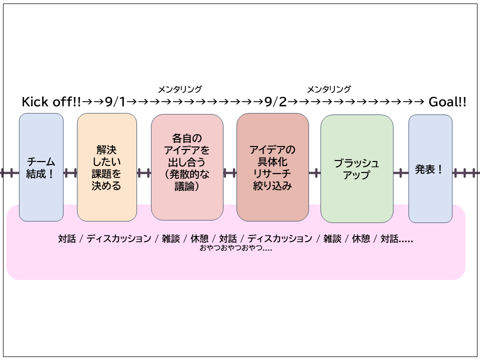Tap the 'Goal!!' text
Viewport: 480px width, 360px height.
click(x=447, y=102)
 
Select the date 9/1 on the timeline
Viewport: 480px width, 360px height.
click(x=115, y=102)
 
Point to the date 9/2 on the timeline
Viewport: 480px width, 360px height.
click(x=275, y=102)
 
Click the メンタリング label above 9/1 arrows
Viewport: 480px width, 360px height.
click(x=179, y=89)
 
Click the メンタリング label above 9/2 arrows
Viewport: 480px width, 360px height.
click(x=328, y=89)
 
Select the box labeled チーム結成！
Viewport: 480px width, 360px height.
click(x=41, y=167)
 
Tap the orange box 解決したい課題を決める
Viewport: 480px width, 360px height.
click(x=106, y=167)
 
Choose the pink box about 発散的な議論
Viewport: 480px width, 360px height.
click(x=187, y=167)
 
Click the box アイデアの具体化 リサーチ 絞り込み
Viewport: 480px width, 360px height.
click(x=272, y=167)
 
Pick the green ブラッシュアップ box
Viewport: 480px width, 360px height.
click(x=356, y=168)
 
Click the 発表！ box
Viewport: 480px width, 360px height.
click(x=430, y=168)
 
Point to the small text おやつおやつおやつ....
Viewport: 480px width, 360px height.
click(x=235, y=248)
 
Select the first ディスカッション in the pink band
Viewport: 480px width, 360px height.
click(x=118, y=239)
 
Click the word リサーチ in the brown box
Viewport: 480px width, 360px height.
click(x=272, y=174)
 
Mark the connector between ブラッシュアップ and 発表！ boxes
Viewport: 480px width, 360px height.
click(x=401, y=173)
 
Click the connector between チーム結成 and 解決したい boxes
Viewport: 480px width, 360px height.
click(x=70, y=173)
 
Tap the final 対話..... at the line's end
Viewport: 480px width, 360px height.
click(x=396, y=239)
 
